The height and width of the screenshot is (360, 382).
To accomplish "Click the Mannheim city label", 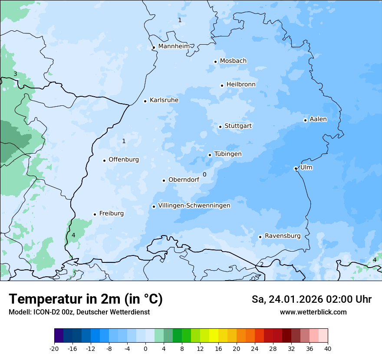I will [x=174, y=46].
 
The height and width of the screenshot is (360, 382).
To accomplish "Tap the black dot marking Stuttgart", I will [x=221, y=127].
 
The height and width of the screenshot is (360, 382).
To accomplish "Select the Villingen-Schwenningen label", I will [x=194, y=206].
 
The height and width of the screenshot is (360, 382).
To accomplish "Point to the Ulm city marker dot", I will [x=296, y=168].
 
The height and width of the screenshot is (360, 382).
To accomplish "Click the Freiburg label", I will [x=111, y=213].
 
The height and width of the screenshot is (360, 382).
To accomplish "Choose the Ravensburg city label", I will [x=282, y=236].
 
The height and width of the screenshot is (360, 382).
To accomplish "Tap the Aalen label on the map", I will [x=318, y=119].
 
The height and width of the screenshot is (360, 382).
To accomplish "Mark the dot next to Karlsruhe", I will [x=145, y=101].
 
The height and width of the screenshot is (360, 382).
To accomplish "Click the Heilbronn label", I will [x=241, y=85].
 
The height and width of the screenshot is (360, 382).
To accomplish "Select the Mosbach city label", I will [x=233, y=61].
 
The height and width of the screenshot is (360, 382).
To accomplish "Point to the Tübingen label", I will [x=228, y=154].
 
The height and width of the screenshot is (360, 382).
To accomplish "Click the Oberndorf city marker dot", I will [x=164, y=180].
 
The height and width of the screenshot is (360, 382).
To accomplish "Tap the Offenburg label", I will [x=124, y=160].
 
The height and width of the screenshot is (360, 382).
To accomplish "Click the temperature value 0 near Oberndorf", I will [x=204, y=174].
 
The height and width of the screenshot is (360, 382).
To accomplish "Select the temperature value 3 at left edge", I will [x=15, y=74].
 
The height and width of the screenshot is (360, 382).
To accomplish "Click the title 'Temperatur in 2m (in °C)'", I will [x=86, y=299].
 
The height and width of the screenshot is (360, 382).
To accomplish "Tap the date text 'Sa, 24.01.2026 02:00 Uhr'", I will [x=311, y=299].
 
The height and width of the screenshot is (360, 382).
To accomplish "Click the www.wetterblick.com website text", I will [x=313, y=312].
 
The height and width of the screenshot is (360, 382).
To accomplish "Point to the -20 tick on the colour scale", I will [x=54, y=348].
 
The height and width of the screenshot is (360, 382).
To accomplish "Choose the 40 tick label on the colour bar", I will [x=327, y=348].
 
